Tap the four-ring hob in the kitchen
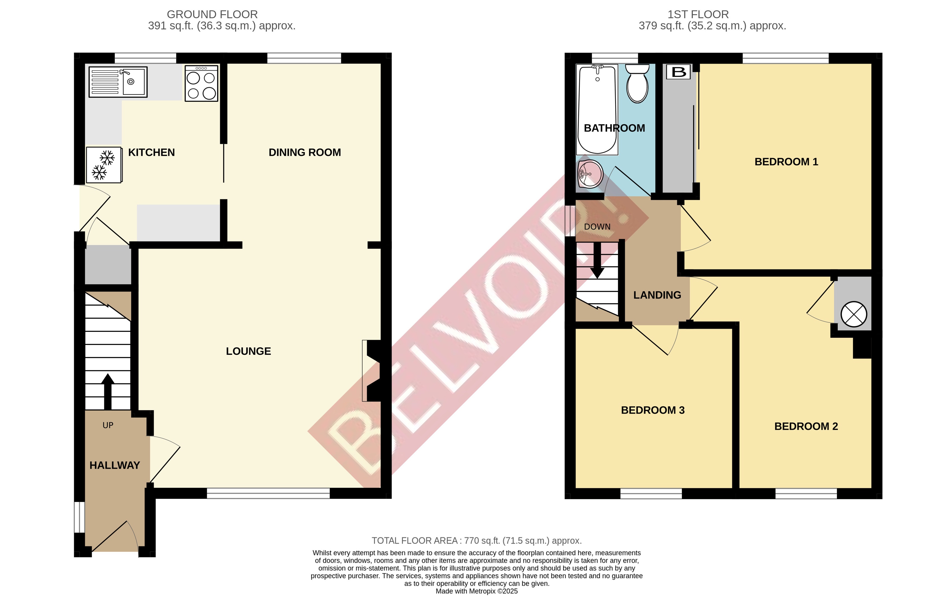pyautogui.click(x=201, y=83)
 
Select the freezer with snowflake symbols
pyautogui.click(x=104, y=165)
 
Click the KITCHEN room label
pyautogui.click(x=151, y=152)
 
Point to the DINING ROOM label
pyautogui.click(x=305, y=152)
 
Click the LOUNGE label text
pyautogui.click(x=248, y=351)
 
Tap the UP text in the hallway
pyautogui.click(x=108, y=426)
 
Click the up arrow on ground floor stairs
pyautogui.click(x=107, y=391)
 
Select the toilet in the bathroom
pyautogui.click(x=637, y=84)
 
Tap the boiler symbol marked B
pyautogui.click(x=679, y=72)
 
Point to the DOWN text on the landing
pyautogui.click(x=597, y=227)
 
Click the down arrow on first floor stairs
pyautogui.click(x=597, y=261)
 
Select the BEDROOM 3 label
pyautogui.click(x=653, y=410)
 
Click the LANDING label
pyautogui.click(x=657, y=295)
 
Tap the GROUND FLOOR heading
pyautogui.click(x=212, y=15)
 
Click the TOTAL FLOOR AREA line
pyautogui.click(x=476, y=541)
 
